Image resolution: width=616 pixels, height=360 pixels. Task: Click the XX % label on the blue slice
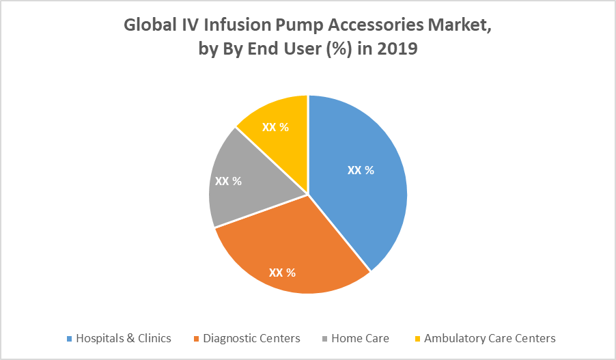pos(361,171)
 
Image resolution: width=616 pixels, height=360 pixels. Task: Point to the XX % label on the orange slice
pos(282,273)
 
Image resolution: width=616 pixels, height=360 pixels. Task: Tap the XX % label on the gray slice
pos(229,182)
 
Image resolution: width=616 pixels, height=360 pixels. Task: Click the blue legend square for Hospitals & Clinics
pos(69,339)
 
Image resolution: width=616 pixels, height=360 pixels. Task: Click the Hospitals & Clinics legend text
pos(124,338)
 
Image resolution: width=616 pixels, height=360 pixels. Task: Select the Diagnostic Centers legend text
pos(251,338)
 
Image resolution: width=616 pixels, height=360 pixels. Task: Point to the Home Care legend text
pos(360,338)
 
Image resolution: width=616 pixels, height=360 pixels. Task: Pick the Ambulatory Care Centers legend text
pos(490,338)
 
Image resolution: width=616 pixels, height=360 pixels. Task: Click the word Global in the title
pos(148,27)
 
